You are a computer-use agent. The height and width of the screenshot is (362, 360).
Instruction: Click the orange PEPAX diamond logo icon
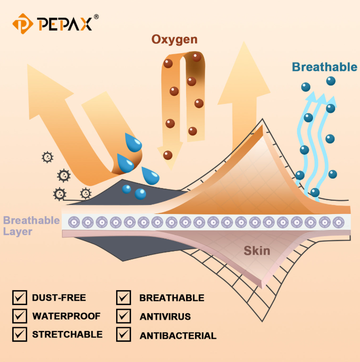(x=23, y=24)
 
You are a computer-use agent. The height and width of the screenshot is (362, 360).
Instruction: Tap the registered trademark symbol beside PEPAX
(x=96, y=16)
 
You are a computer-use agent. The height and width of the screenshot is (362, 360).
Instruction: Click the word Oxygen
(x=174, y=39)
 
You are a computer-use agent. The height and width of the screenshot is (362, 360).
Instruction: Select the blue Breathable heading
(x=325, y=67)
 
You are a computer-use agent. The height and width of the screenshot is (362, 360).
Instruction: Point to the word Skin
(x=257, y=251)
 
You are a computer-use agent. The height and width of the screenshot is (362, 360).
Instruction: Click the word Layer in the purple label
(x=17, y=232)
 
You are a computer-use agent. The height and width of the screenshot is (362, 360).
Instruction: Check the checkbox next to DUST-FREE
(x=20, y=298)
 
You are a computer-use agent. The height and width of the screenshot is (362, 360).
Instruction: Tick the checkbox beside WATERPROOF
(x=20, y=316)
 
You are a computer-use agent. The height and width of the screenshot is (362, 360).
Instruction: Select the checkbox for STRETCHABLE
(x=20, y=334)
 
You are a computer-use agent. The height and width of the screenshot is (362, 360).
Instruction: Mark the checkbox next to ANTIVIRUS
(x=124, y=316)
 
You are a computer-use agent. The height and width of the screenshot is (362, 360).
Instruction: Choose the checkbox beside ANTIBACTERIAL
(x=124, y=334)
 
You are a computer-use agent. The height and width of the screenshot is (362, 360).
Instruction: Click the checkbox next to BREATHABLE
(x=124, y=298)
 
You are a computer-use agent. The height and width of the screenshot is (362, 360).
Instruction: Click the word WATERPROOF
(x=66, y=316)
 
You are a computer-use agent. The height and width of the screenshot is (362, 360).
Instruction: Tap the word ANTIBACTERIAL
(x=178, y=336)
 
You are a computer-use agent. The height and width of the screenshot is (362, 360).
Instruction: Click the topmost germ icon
(x=47, y=157)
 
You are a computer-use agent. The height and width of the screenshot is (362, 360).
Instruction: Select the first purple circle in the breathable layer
(x=74, y=222)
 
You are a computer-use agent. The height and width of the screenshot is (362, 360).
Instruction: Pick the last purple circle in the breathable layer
(x=338, y=222)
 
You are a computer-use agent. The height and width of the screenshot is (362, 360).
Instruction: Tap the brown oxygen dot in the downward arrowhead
(x=168, y=155)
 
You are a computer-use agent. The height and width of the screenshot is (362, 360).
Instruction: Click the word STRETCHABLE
(x=67, y=335)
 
